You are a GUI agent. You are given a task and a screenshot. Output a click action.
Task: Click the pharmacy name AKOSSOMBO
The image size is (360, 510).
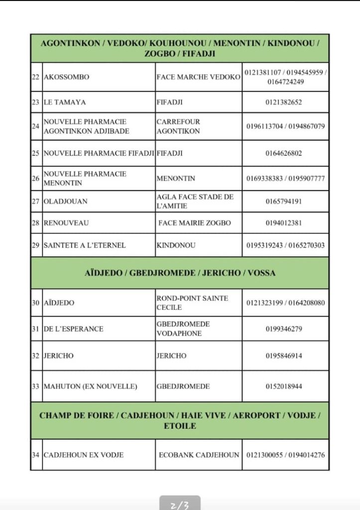67,77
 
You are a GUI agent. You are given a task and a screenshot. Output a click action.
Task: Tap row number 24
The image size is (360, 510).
35,126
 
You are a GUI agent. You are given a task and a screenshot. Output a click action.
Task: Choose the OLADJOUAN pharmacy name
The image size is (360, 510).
66,202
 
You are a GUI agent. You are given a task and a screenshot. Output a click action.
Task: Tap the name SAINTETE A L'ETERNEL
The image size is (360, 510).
85,245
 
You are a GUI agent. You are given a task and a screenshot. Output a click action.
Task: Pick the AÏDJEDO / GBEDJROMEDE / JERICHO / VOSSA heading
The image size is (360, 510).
179,273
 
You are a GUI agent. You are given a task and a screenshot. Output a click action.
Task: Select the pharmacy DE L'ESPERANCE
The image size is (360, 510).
74,329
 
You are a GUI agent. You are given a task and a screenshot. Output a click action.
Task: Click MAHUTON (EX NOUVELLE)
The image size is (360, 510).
90,386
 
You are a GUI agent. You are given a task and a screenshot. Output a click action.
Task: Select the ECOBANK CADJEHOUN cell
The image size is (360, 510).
199,455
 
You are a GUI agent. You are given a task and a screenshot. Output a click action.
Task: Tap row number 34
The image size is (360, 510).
35,455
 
